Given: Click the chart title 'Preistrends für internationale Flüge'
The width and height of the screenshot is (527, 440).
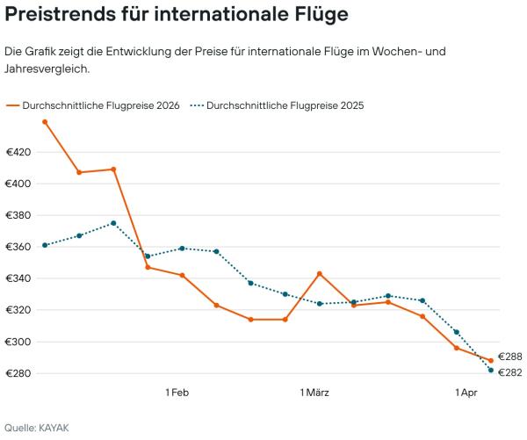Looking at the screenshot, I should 176,15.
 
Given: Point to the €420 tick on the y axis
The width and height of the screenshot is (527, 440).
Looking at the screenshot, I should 18,153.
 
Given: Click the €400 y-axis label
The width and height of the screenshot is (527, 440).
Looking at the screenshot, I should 18,184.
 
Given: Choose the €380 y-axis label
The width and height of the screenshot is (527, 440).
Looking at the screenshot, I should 18,216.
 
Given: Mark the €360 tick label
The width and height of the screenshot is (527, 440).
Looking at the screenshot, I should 18,248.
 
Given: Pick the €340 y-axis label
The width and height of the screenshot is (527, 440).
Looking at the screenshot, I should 18,279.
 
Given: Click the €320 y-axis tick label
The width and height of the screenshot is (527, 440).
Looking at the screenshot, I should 18,311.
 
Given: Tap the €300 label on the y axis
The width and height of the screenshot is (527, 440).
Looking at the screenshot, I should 18,343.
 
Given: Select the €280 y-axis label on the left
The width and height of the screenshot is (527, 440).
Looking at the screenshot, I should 18,374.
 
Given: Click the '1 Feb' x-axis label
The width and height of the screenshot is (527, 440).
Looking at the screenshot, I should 177,392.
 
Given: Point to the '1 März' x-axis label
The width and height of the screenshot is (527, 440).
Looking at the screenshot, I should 314,392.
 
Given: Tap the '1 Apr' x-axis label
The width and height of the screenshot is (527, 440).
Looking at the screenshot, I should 467,392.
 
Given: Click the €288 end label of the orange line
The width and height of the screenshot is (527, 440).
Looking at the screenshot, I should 510,357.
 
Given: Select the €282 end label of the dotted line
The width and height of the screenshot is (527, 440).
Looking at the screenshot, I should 510,372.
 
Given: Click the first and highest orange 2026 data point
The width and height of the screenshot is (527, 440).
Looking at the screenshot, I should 45,122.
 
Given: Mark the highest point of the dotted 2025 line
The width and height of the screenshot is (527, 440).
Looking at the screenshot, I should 113,223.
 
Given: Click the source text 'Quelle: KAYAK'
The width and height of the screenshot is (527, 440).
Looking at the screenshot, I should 36,428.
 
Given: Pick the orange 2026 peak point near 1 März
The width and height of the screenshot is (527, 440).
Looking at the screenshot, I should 319,273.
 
